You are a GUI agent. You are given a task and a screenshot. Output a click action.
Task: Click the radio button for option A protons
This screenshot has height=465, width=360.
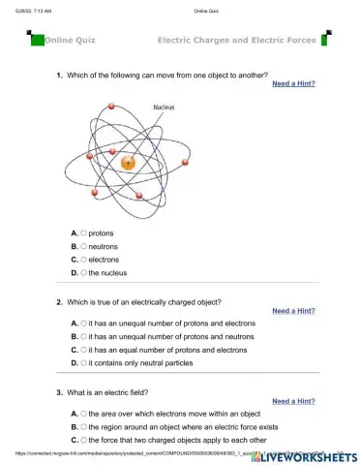[84, 232]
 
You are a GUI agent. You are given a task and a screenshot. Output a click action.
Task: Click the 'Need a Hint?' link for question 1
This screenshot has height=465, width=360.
[293, 84]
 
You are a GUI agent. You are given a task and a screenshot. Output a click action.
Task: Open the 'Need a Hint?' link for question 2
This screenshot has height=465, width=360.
[293, 311]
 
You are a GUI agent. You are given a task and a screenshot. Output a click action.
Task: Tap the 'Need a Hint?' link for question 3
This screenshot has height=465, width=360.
[293, 400]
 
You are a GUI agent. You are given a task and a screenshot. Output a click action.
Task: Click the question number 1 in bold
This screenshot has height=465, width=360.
[59, 75]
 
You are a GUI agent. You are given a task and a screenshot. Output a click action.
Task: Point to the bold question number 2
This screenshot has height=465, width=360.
[59, 301]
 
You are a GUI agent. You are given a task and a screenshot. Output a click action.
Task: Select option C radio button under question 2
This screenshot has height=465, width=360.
[84, 349]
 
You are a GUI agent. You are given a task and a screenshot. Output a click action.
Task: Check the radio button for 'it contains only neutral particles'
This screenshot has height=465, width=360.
[84, 362]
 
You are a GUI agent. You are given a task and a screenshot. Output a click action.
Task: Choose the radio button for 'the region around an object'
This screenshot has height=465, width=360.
[84, 425]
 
